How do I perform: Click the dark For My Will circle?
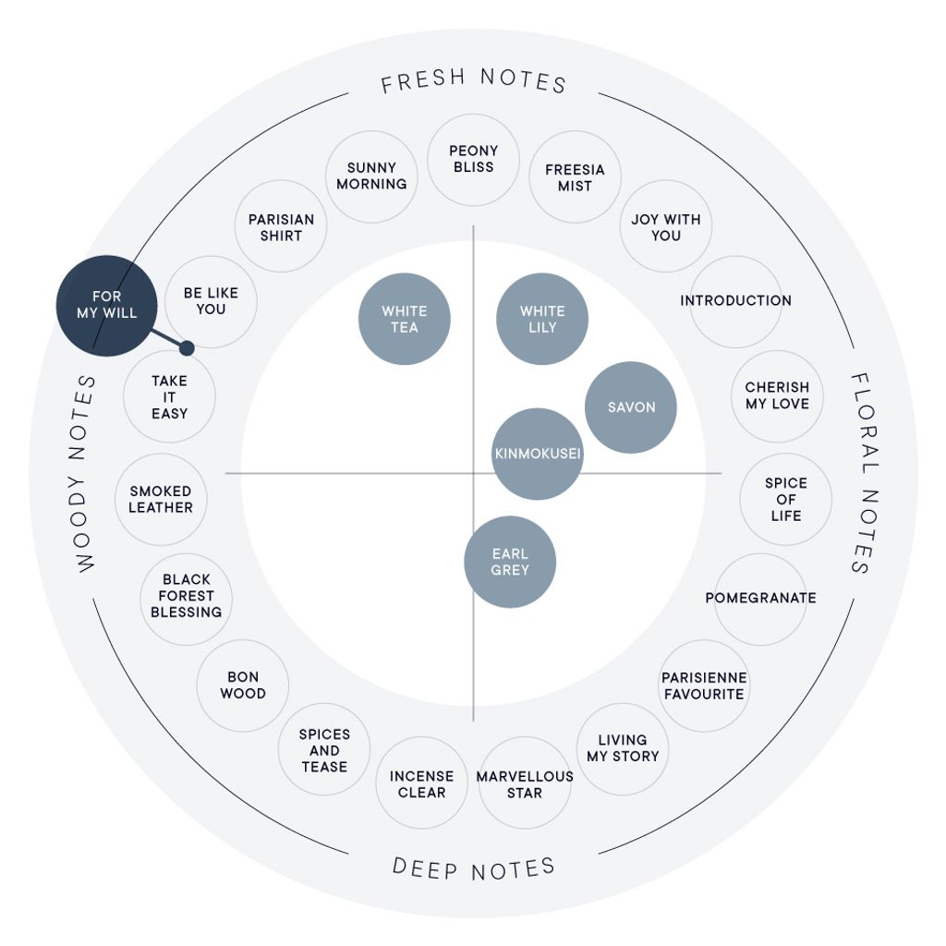pos(107,305)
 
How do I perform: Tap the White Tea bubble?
pos(405,319)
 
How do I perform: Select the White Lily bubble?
pos(541,319)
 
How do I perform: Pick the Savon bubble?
pos(631,407)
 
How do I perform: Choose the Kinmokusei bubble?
pos(538,454)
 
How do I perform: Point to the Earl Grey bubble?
pos(510,562)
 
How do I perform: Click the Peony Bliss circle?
pos(474,159)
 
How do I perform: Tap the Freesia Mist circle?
pos(575,177)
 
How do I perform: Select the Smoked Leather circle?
pos(161,500)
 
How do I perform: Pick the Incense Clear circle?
pos(421,783)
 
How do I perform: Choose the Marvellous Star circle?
pos(525,783)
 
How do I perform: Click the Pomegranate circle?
pos(761,599)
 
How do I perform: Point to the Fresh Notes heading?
pos(474,81)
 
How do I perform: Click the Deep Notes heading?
pos(474,867)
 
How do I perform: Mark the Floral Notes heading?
pos(865,474)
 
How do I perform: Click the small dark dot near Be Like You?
pos(187,348)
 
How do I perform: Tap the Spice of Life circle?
pos(786,500)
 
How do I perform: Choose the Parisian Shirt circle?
pos(281,226)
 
